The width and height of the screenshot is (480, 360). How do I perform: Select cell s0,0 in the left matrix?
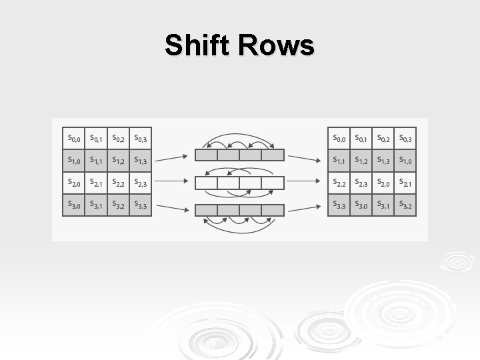[73, 139]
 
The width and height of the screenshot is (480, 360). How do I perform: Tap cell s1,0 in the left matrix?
[73, 160]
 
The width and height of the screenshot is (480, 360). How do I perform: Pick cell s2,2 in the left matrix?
[119, 182]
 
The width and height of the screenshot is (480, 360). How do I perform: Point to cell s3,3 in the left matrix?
[141, 205]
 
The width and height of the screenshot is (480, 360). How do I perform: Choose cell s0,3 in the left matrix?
[141, 139]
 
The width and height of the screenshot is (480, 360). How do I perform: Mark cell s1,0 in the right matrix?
[405, 160]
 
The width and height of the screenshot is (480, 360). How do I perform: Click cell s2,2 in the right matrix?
[339, 182]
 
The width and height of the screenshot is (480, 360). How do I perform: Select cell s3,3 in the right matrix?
[339, 205]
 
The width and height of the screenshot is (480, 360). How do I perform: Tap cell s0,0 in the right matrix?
[339, 139]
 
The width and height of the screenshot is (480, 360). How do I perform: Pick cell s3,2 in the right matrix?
[405, 205]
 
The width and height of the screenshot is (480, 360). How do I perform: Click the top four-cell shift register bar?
[239, 155]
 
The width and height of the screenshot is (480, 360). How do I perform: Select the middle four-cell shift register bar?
[239, 182]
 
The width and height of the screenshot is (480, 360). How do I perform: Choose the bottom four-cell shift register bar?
[239, 210]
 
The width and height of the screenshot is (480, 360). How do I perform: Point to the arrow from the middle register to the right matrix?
[305, 181]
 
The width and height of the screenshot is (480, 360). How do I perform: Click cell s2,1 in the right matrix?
[405, 182]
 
